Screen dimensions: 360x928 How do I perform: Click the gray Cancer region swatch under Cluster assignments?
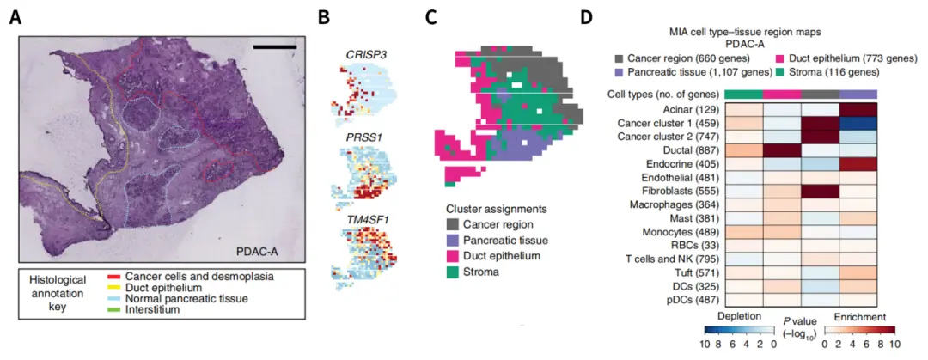(452, 224)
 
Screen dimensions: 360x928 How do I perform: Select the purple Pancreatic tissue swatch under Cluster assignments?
(452, 241)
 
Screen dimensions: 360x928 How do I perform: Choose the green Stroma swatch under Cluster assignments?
(452, 273)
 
